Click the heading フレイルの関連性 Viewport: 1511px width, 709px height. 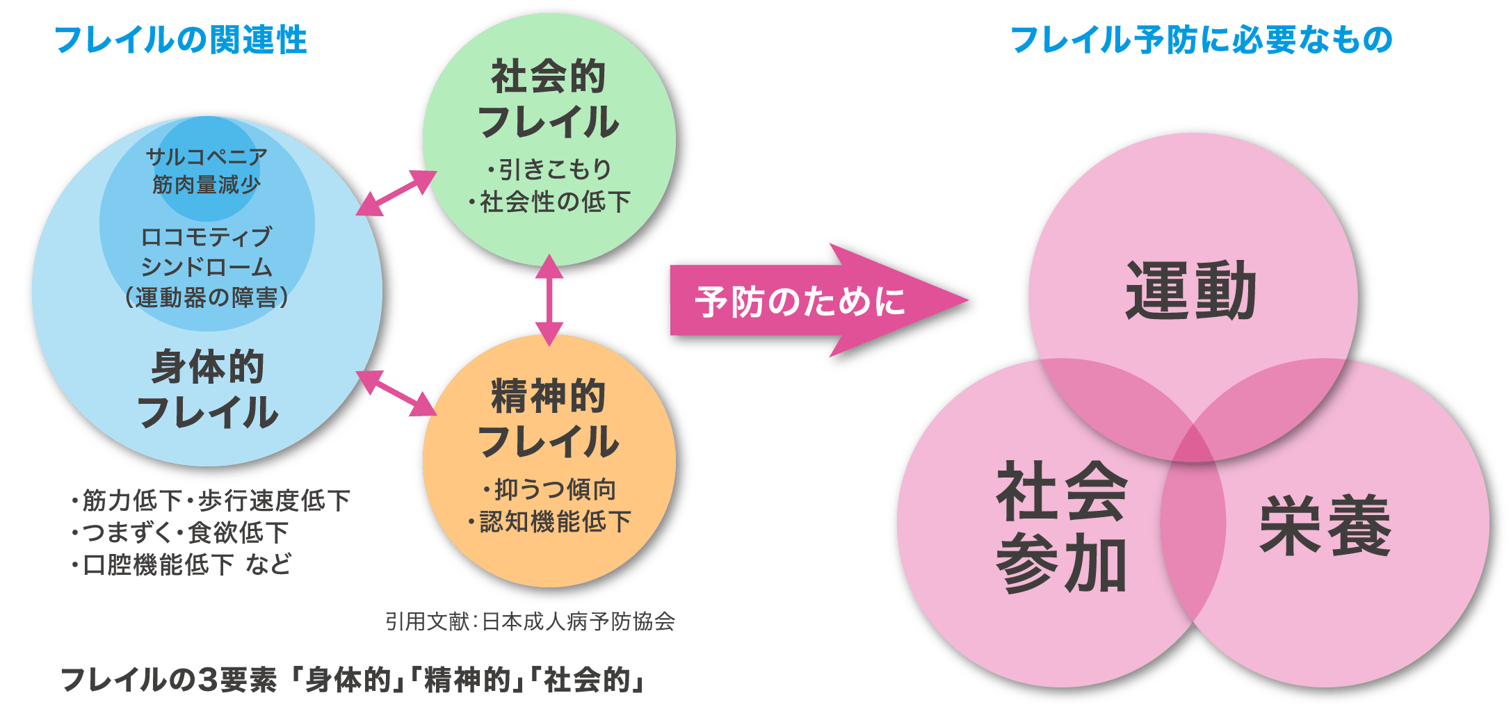pyautogui.click(x=180, y=40)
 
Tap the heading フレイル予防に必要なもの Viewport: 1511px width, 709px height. pyautogui.click(x=1201, y=40)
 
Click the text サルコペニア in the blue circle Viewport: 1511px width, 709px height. pyautogui.click(x=207, y=157)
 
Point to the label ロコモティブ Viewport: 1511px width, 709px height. pyautogui.click(x=207, y=238)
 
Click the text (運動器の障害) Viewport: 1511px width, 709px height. pyautogui.click(x=207, y=298)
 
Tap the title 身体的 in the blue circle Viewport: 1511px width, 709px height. pyautogui.click(x=207, y=367)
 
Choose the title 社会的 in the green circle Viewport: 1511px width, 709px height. pyautogui.click(x=549, y=76)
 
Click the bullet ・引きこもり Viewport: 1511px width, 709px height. pyautogui.click(x=549, y=169)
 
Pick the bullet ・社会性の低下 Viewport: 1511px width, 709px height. pyautogui.click(x=549, y=202)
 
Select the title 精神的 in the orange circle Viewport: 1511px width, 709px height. pyautogui.click(x=549, y=396)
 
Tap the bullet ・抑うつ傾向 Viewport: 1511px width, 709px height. pyautogui.click(x=549, y=490)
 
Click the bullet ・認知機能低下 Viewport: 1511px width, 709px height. pyautogui.click(x=549, y=521)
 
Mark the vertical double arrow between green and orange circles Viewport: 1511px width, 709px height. pyautogui.click(x=549, y=300)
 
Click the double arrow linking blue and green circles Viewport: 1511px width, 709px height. pyautogui.click(x=396, y=193)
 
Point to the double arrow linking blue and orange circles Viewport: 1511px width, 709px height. pyautogui.click(x=396, y=393)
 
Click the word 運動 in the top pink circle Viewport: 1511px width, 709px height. pyautogui.click(x=1190, y=291)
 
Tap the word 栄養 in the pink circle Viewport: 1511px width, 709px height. pyautogui.click(x=1325, y=525)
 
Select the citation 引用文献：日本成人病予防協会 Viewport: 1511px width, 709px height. pyautogui.click(x=530, y=621)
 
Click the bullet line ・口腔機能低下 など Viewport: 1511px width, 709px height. pyautogui.click(x=181, y=564)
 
